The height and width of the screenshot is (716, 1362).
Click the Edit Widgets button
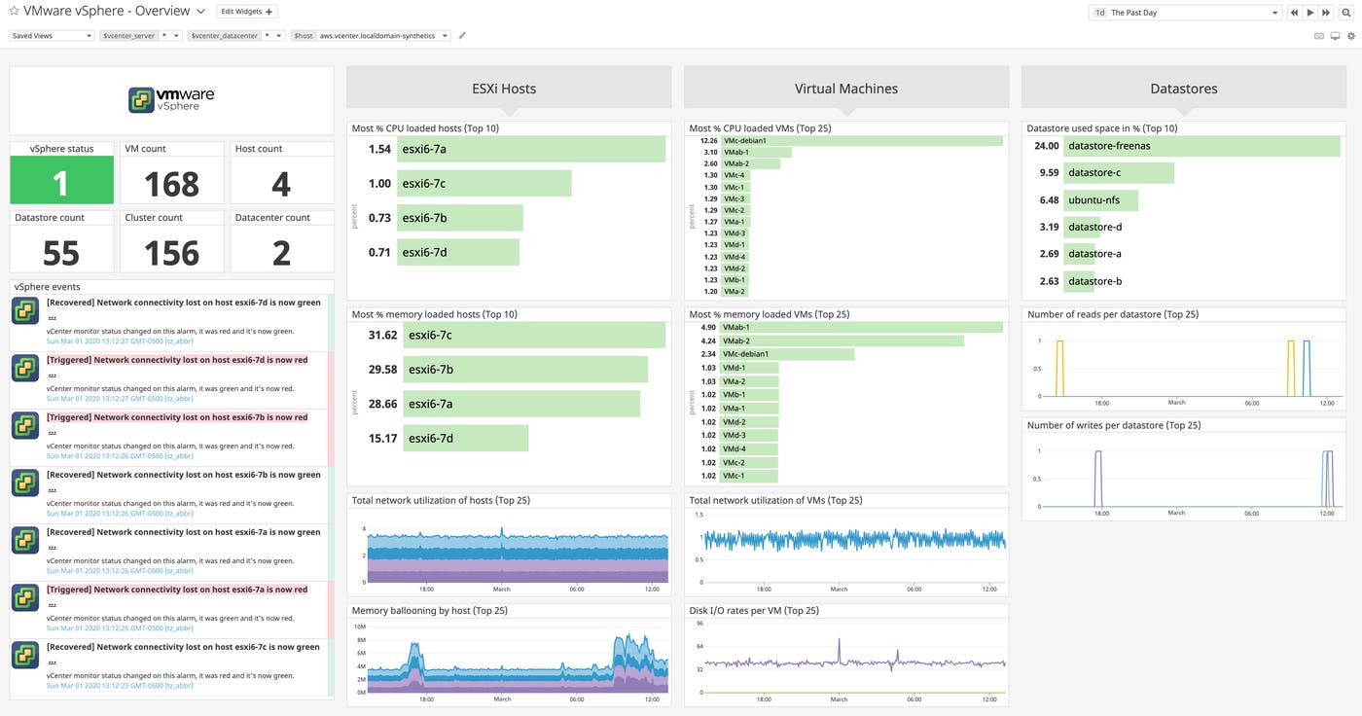point(248,12)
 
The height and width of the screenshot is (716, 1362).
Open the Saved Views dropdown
point(52,35)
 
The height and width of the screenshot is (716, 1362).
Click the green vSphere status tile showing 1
point(60,183)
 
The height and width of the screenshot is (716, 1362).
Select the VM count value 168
point(171,183)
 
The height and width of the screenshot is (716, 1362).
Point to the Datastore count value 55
point(60,252)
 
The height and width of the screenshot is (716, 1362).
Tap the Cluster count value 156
point(171,252)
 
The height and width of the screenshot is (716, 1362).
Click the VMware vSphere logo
point(171,99)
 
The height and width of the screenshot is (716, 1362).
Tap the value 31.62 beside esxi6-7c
point(382,335)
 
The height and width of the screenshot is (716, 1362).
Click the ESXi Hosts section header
point(509,89)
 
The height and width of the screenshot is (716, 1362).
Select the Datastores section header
point(1183,89)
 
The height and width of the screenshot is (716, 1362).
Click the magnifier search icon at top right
point(1345,13)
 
